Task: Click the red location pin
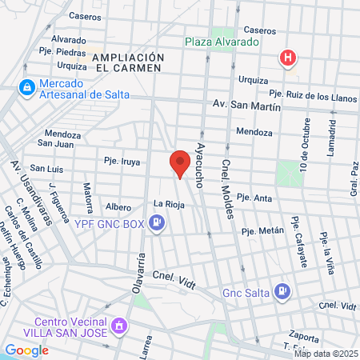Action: [x=180, y=163]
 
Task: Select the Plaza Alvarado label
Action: [x=222, y=42]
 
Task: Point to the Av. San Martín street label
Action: [x=246, y=105]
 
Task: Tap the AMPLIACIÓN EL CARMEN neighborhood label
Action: [x=128, y=63]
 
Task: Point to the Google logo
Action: [x=26, y=350]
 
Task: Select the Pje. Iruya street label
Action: [x=122, y=162]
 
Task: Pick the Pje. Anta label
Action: [x=256, y=198]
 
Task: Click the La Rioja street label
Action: [x=169, y=203]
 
